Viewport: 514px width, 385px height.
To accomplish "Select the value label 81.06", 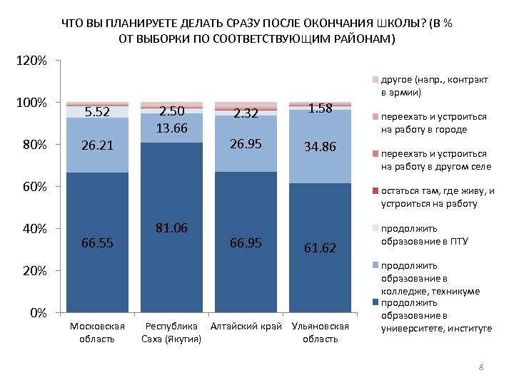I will [x=171, y=228].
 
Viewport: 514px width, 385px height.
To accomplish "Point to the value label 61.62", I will [x=319, y=247].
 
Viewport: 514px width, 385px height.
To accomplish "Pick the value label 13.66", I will [x=171, y=128].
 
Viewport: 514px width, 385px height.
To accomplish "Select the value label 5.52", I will [x=97, y=112].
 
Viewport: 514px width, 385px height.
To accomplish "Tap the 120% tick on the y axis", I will [x=31, y=61].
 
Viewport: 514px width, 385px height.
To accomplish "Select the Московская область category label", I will [x=97, y=332].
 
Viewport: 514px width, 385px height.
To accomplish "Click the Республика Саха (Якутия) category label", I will [x=171, y=332].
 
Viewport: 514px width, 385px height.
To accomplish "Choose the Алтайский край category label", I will [x=246, y=327].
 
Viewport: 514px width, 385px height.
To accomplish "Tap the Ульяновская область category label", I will [x=319, y=332].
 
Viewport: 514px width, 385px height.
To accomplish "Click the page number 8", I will [x=481, y=367].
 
